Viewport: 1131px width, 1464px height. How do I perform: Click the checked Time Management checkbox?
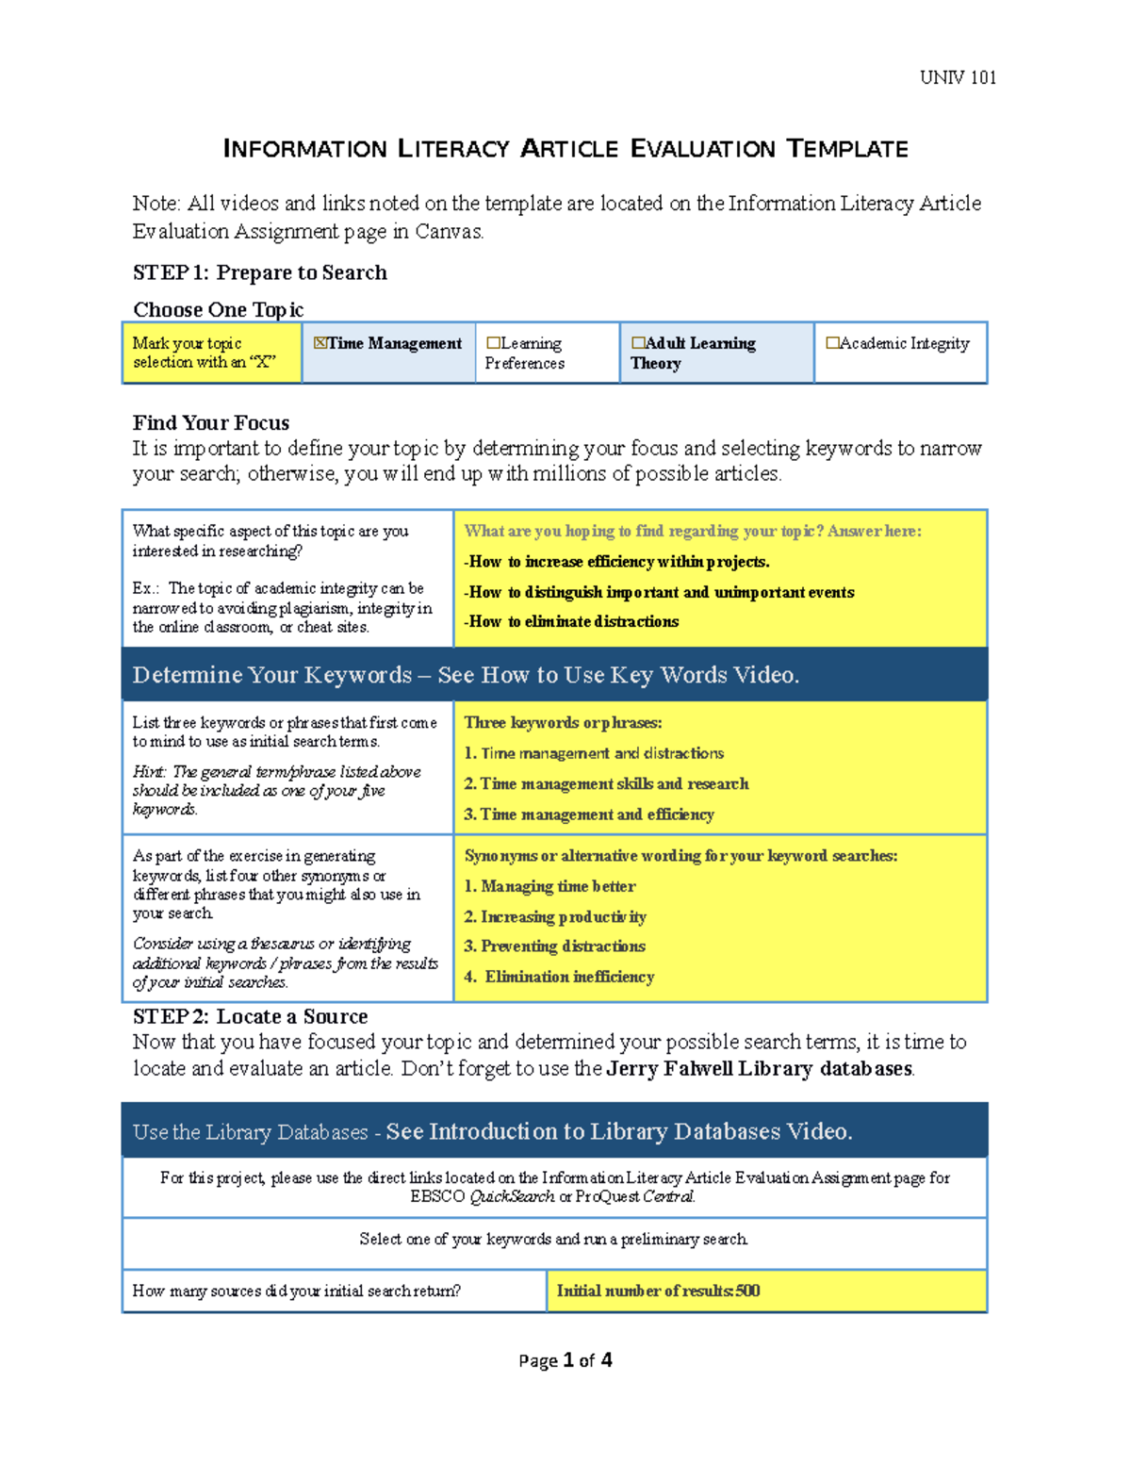pos(320,343)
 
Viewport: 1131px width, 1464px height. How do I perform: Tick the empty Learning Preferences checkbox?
pos(493,343)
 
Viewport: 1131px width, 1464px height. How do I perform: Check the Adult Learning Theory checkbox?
pos(638,343)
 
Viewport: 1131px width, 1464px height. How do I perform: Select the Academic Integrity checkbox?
pos(832,343)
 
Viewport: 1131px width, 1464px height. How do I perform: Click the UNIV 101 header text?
pos(958,77)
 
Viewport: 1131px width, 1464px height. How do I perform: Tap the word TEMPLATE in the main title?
pos(847,149)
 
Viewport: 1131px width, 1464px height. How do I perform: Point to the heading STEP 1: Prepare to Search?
pos(259,272)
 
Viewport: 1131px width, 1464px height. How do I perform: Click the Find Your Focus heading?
pos(210,422)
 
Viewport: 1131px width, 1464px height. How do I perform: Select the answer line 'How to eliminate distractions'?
pos(573,621)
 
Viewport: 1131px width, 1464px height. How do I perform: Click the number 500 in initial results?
pos(747,1291)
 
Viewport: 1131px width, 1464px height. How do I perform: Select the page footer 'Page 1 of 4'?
pos(565,1360)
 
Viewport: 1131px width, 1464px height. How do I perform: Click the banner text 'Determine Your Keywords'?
pos(271,675)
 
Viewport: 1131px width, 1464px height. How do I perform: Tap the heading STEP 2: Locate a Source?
pos(250,1016)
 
